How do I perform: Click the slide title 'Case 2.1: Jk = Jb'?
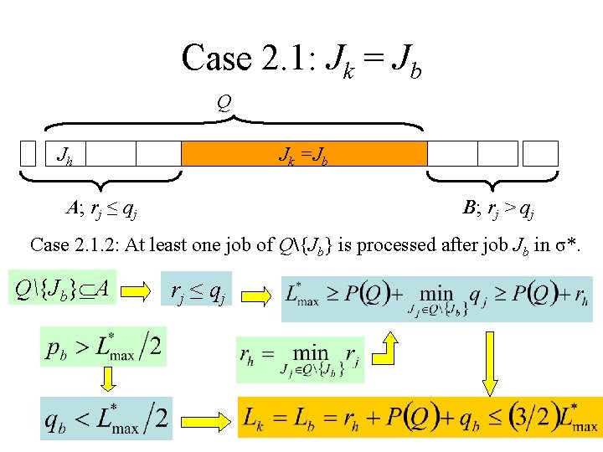[301, 59]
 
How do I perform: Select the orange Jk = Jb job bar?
[304, 154]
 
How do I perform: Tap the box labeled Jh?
[63, 154]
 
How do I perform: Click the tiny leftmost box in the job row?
[28, 154]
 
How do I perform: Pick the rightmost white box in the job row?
[540, 153]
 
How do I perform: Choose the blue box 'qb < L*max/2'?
[107, 418]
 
